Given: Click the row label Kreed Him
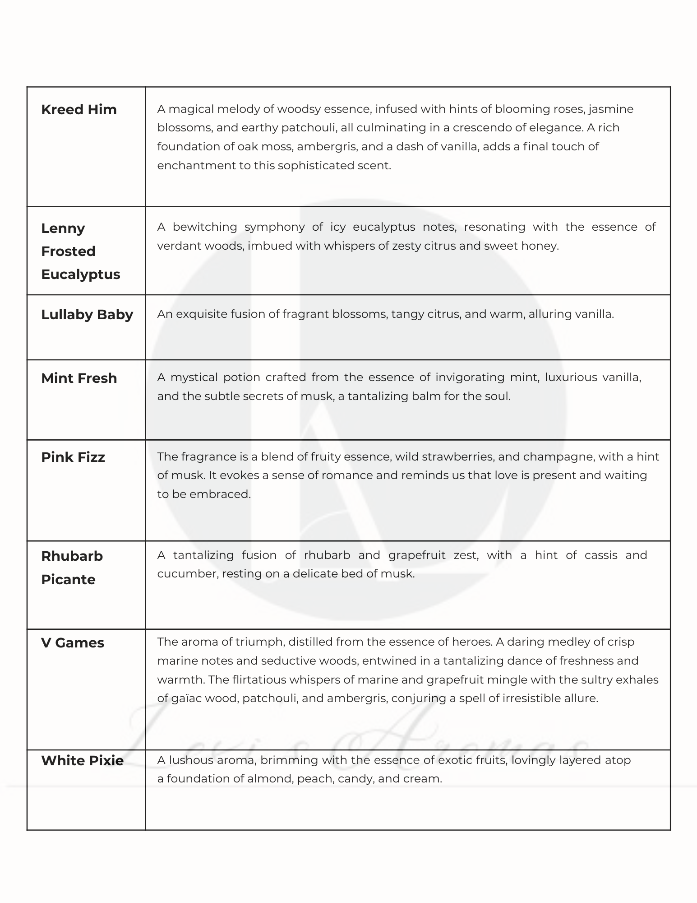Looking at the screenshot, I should pyautogui.click(x=78, y=110).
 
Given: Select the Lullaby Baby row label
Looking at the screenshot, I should pyautogui.click(x=87, y=315).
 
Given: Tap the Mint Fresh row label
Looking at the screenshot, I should pyautogui.click(x=79, y=378).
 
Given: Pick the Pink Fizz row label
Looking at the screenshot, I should pyautogui.click(x=73, y=457).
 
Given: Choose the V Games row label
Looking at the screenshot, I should pyautogui.click(x=73, y=643).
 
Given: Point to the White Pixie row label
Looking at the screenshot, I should pyautogui.click(x=83, y=761).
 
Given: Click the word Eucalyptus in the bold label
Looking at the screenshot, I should pyautogui.click(x=81, y=275).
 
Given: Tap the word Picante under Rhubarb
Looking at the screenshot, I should pyautogui.click(x=68, y=580).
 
